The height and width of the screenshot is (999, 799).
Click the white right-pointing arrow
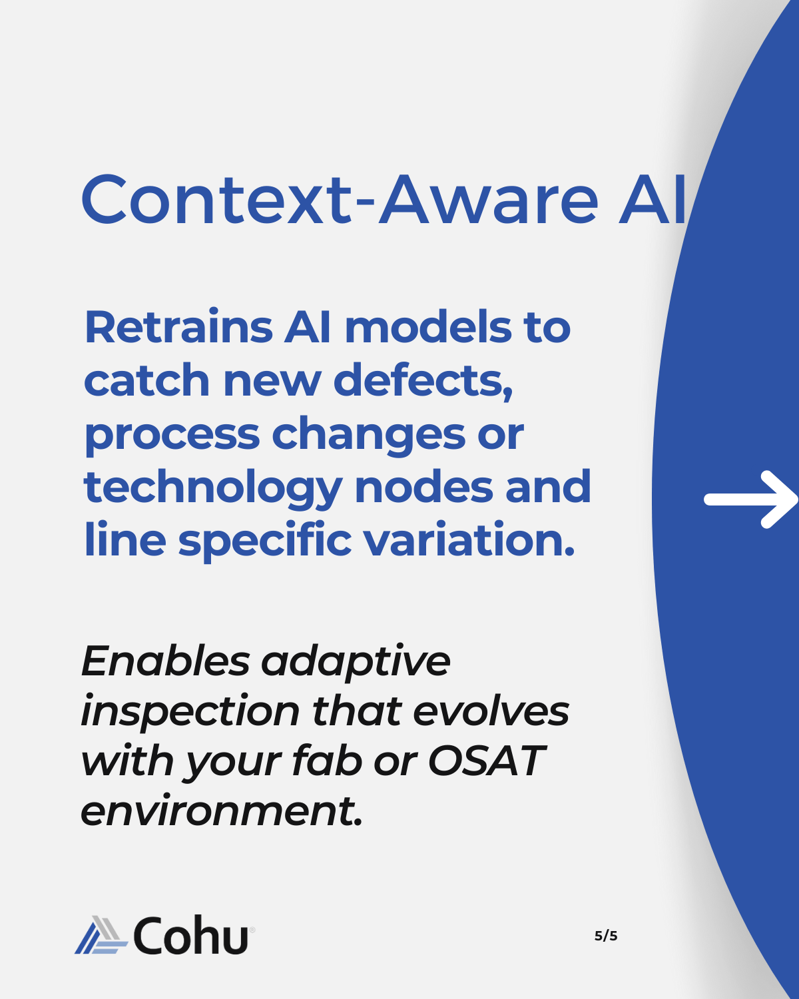[x=750, y=499]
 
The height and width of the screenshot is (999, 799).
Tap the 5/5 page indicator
[x=606, y=936]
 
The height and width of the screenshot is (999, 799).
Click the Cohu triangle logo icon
[x=101, y=935]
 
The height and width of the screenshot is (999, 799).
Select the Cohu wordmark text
[x=191, y=935]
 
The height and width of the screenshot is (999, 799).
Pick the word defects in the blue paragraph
[x=423, y=381]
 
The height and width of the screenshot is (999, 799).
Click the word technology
[x=213, y=488]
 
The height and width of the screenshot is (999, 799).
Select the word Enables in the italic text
[x=165, y=661]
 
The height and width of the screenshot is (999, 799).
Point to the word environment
[x=222, y=811]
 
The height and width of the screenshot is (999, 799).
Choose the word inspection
[x=190, y=712]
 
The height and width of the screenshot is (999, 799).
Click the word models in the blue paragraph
[x=428, y=327]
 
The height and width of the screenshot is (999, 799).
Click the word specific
[x=265, y=541]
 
